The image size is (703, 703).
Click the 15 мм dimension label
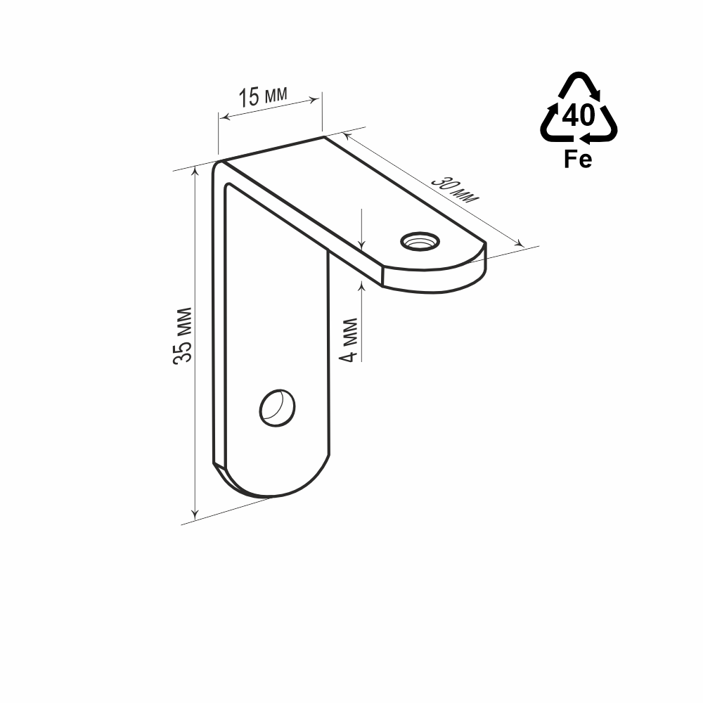263,96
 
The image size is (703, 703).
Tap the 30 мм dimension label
456,190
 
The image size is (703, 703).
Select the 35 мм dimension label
183,335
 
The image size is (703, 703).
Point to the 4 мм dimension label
349,340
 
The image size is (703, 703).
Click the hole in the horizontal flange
420,242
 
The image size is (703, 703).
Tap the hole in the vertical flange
277,408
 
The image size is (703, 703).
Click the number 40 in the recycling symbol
579,115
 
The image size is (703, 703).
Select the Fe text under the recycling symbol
578,159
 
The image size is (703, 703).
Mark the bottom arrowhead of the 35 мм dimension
195,515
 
